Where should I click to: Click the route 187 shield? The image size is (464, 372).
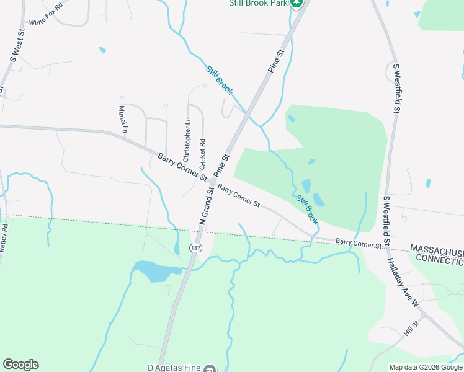(x=195, y=248)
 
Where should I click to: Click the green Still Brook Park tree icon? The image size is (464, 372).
(x=297, y=4)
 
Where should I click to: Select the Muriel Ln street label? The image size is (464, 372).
(x=122, y=120)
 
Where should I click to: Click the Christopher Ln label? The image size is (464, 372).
(x=187, y=139)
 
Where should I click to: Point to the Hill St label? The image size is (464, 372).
(x=411, y=329)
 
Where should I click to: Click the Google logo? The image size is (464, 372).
(x=20, y=365)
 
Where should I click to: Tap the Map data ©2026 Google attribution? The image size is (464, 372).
(x=426, y=367)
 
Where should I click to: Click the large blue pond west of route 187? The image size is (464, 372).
(x=153, y=270)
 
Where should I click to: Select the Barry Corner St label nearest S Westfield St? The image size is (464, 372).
(x=359, y=245)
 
